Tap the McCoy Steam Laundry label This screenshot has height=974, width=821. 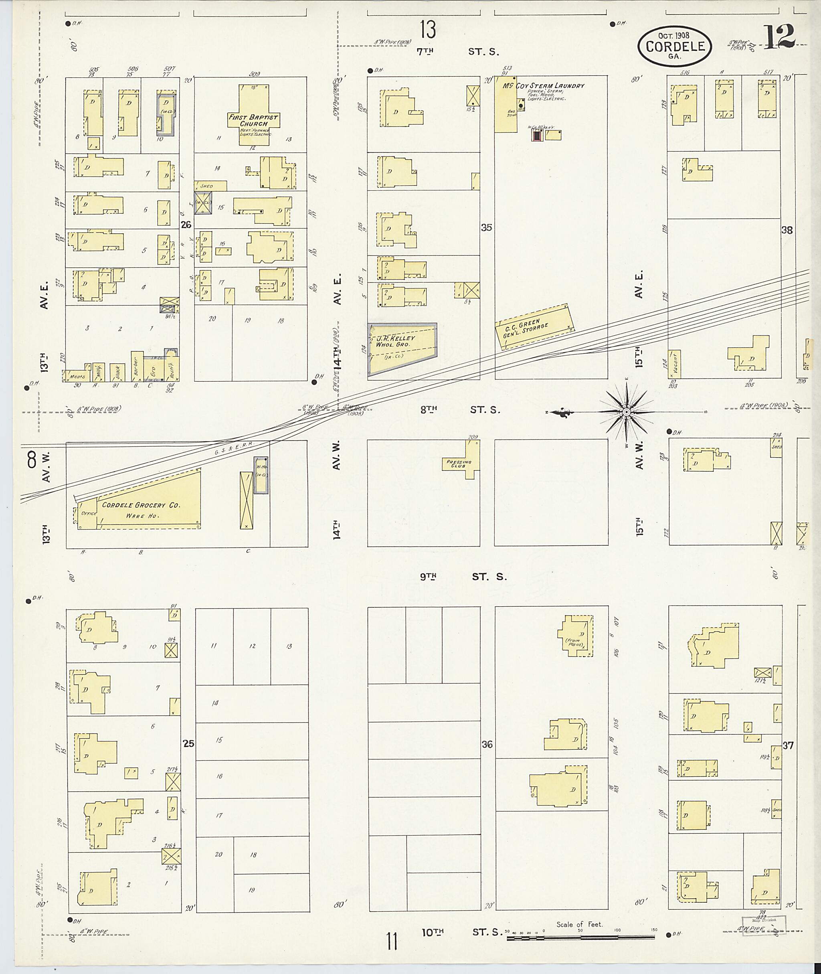click(543, 86)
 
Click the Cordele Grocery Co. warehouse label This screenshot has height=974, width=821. click(141, 505)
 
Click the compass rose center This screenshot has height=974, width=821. click(626, 412)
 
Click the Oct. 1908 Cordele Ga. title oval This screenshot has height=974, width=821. click(674, 46)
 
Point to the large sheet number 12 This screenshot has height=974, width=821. click(778, 37)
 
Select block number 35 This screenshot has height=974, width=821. click(486, 228)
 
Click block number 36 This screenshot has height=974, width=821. click(487, 745)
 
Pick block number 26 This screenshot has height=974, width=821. click(186, 225)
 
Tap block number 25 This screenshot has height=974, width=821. click(188, 744)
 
